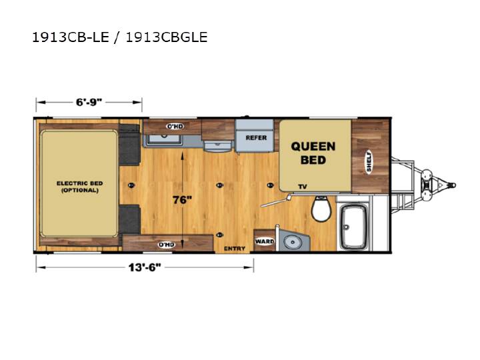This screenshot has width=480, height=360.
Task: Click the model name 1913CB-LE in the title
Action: pyautogui.click(x=71, y=37)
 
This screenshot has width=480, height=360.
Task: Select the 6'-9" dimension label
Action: pyautogui.click(x=89, y=102)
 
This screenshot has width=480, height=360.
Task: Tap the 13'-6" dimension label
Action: pyautogui.click(x=145, y=267)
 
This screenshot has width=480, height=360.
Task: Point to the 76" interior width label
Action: pyautogui.click(x=182, y=200)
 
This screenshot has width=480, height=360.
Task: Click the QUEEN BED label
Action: pyautogui.click(x=313, y=153)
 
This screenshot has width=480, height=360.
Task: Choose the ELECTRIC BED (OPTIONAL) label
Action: pyautogui.click(x=79, y=187)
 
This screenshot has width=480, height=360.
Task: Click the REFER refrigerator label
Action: pyautogui.click(x=256, y=138)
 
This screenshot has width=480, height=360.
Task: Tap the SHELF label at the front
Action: pyautogui.click(x=369, y=161)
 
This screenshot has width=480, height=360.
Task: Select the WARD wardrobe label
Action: pyautogui.click(x=265, y=241)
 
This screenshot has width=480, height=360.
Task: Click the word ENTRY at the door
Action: pyautogui.click(x=235, y=249)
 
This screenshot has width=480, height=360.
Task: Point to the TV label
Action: pyautogui.click(x=303, y=187)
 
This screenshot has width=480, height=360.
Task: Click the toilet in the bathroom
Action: pyautogui.click(x=321, y=209)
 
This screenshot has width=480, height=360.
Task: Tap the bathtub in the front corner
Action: pyautogui.click(x=354, y=227)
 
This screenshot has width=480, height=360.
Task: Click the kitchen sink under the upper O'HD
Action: pyautogui.click(x=164, y=139)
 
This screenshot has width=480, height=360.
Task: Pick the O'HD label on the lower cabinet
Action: pyautogui.click(x=167, y=245)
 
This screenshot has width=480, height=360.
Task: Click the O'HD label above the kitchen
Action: pyautogui.click(x=175, y=126)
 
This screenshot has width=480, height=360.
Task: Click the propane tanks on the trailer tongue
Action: pyautogui.click(x=426, y=185)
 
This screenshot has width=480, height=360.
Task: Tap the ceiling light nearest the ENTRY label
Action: pyautogui.click(x=219, y=235)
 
